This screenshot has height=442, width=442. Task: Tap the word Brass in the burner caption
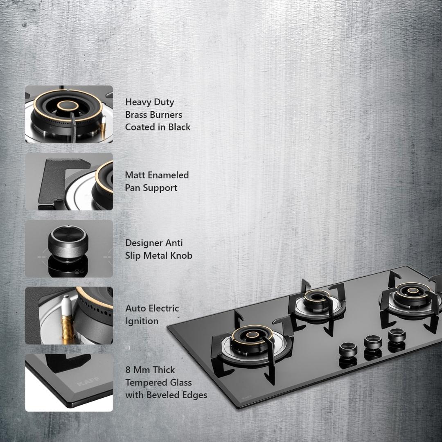tap(136, 115)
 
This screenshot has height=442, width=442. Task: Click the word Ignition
tap(142, 321)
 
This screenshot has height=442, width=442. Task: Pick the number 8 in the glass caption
tap(128, 370)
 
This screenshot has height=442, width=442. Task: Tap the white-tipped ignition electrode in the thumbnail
tap(67, 318)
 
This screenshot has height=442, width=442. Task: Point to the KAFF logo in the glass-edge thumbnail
tap(88, 381)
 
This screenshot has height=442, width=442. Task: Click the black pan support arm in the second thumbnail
tap(56, 180)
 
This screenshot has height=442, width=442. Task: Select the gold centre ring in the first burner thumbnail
tap(68, 106)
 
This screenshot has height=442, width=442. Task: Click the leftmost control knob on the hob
tap(348, 350)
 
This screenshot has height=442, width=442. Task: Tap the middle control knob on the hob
tap(373, 343)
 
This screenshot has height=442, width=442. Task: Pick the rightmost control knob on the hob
tap(397, 335)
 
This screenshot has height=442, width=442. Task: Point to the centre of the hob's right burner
tap(413, 291)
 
